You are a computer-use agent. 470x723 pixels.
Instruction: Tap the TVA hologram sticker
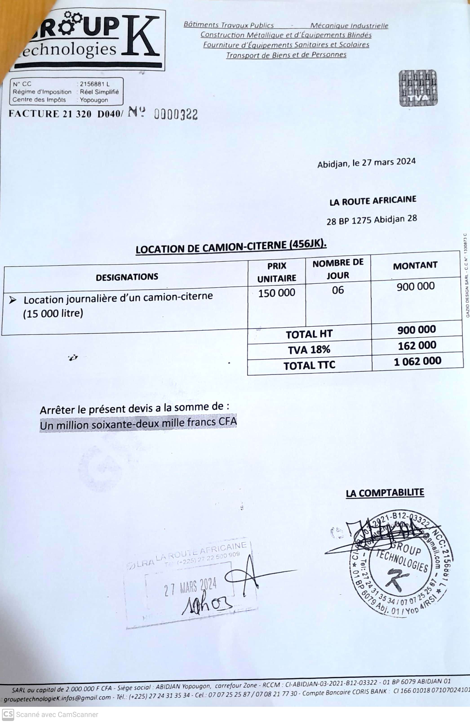click(x=418, y=88)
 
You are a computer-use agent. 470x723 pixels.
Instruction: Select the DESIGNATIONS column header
click(x=127, y=277)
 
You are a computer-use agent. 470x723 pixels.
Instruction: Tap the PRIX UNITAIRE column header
click(x=277, y=272)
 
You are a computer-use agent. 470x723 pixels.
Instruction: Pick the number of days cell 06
click(x=338, y=290)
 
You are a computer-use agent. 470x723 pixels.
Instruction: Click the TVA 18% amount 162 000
click(x=417, y=345)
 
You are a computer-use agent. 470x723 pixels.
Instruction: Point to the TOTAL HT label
click(x=309, y=334)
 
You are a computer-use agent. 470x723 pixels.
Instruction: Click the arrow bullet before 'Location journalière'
click(x=13, y=300)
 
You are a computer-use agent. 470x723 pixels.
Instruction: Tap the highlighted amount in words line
click(x=138, y=423)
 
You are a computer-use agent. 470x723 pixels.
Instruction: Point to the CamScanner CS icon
click(x=8, y=714)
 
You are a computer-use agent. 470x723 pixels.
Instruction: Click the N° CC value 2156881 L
click(x=94, y=84)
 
